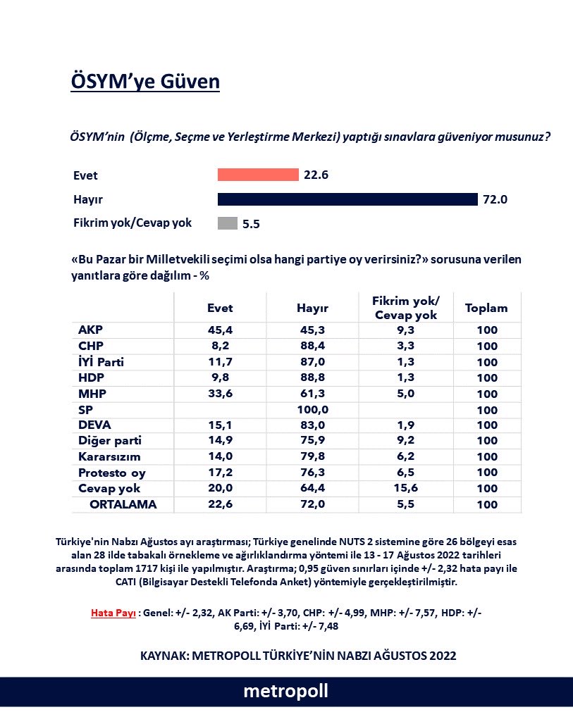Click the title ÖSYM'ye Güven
pos(145,82)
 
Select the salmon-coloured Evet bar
pos(258,175)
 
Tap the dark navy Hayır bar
pos(347,199)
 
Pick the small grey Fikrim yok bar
pos(227,223)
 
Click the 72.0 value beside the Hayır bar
pos(495,199)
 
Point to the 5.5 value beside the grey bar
pos(252,224)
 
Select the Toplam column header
pos(486,308)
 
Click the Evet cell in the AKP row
pos(220,330)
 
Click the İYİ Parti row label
pos(106,362)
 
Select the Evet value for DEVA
pos(220,425)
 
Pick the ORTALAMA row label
pos(123,504)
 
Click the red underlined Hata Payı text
pos(113,612)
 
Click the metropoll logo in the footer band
pos(286,692)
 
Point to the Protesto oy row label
pos(112,473)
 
